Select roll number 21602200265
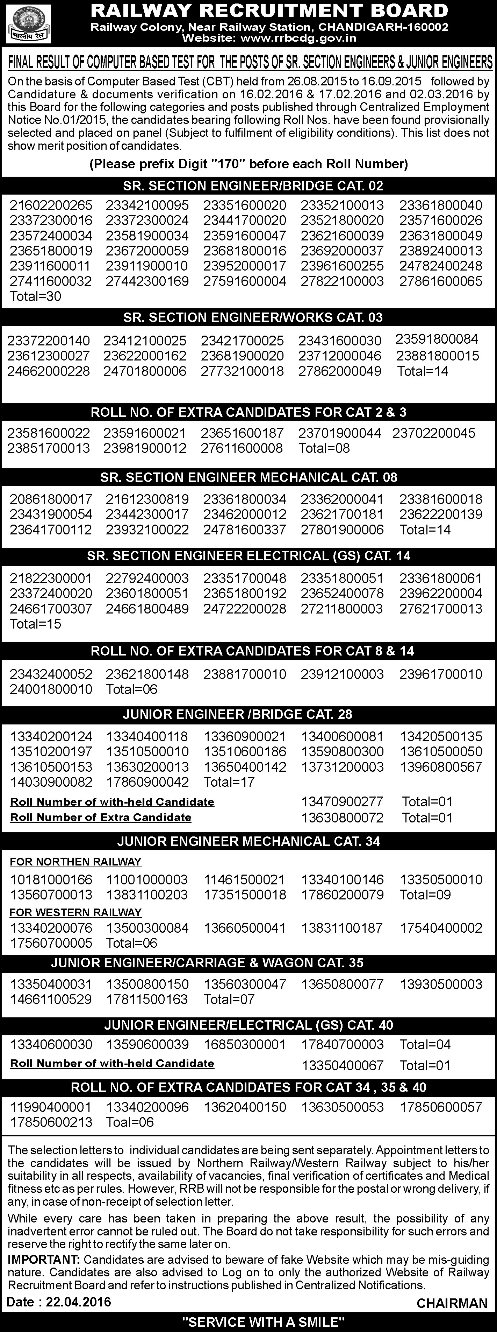[x=51, y=205]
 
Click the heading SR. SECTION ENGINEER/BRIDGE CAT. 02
[x=253, y=185]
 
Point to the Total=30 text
[x=36, y=296]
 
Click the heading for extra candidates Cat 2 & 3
[x=249, y=412]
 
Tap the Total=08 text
[x=324, y=448]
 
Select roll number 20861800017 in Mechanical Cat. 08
[x=51, y=499]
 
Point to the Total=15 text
[x=36, y=624]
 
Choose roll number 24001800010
[x=51, y=689]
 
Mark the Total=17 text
[x=229, y=782]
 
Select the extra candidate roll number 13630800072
[x=342, y=818]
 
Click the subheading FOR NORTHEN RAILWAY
[x=75, y=862]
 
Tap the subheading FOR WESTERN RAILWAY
[x=75, y=913]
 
